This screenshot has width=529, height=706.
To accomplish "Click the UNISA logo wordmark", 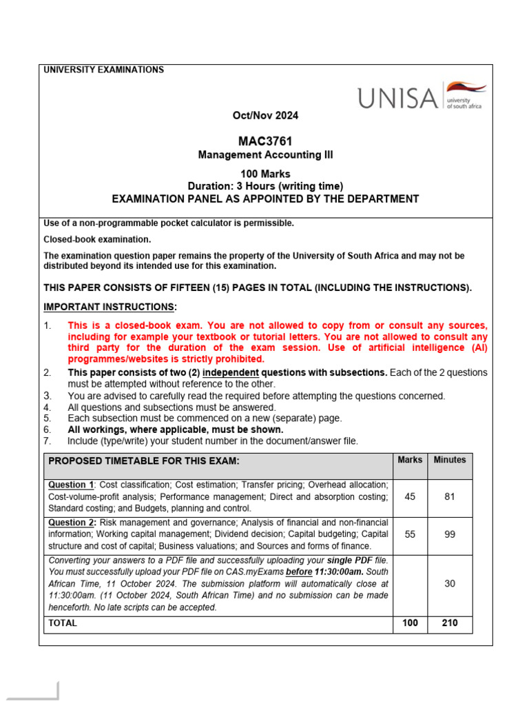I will tap(397, 99).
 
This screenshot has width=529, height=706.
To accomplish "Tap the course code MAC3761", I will tap(265, 141).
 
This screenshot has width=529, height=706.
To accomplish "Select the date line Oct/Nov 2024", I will tap(265, 115).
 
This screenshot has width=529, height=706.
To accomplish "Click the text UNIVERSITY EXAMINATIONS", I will tap(104, 70).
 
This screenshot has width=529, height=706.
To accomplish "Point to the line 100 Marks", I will tap(265, 174).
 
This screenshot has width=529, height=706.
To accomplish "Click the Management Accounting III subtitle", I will tap(265, 155).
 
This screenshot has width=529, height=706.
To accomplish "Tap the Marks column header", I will tap(410, 460).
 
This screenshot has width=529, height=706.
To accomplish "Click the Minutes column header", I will tap(449, 460).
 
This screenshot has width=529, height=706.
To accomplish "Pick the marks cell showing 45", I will tap(410, 497).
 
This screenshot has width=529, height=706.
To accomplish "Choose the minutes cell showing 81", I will tap(449, 497).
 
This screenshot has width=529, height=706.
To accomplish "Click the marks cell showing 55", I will tap(410, 534).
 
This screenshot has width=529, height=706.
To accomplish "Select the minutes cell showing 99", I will tap(449, 534).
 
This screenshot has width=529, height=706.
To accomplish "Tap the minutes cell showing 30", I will tap(449, 583).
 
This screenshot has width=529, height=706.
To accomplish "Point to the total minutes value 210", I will tap(449, 623).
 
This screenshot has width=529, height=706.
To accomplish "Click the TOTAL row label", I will tap(63, 623).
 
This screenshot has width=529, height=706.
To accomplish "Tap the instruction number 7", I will tap(47, 441).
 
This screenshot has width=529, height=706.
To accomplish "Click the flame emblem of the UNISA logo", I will tap(466, 88).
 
